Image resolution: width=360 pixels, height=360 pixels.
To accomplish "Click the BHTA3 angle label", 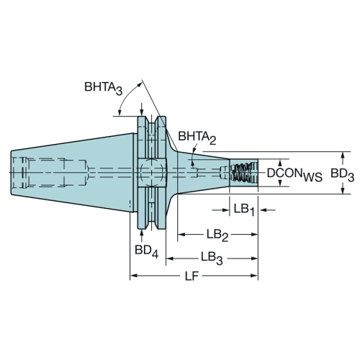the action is point(104,88).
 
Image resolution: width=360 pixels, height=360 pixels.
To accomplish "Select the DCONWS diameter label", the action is point(294,174).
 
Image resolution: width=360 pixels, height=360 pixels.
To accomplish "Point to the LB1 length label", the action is point(244,210).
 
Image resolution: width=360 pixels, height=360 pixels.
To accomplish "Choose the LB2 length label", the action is point(217,235).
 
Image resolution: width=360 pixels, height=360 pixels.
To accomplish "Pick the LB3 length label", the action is point(212,258).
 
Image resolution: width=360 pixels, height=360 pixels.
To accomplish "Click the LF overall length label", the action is point(192,276).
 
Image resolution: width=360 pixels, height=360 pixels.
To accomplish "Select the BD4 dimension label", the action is point(146,251).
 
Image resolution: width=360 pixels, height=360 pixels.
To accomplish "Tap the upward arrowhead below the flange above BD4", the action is point(142,233).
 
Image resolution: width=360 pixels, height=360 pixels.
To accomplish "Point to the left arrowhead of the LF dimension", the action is point(134,276).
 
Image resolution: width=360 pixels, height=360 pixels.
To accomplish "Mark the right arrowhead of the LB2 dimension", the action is point(254,235).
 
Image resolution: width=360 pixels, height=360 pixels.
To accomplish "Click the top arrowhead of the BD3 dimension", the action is point(343,156).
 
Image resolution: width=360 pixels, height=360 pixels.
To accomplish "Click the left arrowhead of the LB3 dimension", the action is point(170,258).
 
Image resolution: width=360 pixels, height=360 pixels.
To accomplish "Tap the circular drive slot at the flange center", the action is point(152,172).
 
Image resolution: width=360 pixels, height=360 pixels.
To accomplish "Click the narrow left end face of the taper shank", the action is point(12,173).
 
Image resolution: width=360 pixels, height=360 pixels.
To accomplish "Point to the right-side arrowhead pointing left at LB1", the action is point(264,210).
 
